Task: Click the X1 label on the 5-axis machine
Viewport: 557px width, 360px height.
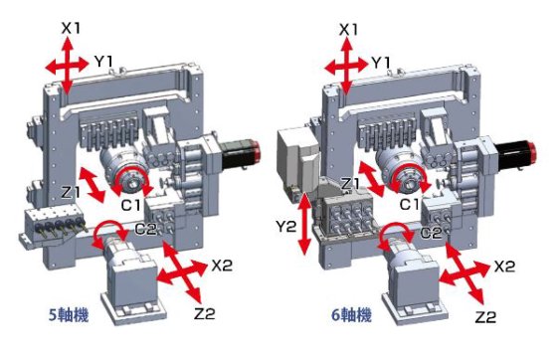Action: coord(71,28)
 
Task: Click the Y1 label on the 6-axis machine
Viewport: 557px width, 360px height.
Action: coord(381,63)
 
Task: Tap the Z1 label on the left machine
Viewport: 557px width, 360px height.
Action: coord(71,192)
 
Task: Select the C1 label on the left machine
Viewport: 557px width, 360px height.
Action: coord(131,205)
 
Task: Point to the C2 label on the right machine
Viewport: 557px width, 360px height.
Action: coord(431,233)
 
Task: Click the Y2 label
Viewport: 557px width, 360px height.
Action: coord(286,226)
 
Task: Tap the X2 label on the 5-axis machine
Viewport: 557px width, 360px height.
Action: coord(222,265)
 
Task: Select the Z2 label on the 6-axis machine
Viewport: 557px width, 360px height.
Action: coord(485,317)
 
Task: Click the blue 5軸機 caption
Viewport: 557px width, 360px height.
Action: coord(69,315)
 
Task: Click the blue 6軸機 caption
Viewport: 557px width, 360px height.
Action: coord(352,315)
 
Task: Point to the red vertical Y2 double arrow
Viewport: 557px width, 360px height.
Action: coord(304,224)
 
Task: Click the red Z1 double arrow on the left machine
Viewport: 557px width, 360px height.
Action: coord(92,184)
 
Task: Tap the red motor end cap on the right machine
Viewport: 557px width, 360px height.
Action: coord(532,151)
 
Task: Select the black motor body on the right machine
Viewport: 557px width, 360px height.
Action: coord(510,152)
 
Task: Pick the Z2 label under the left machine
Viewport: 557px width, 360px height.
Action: coord(205,314)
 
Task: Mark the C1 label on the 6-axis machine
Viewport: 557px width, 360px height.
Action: coord(410,205)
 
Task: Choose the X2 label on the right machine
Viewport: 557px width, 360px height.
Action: coord(504,267)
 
